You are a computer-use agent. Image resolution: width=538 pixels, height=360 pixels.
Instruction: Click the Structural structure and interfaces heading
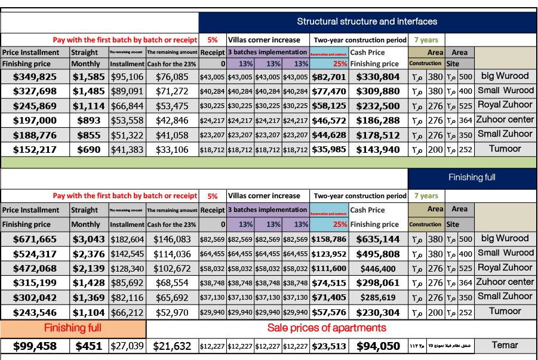[367, 21]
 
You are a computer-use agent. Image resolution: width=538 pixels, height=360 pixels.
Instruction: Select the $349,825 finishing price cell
[35, 77]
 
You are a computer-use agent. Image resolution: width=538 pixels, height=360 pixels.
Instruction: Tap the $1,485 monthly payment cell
[89, 91]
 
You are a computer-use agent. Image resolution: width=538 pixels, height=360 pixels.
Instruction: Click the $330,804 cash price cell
[378, 77]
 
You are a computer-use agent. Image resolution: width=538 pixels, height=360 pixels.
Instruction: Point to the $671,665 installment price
[35, 239]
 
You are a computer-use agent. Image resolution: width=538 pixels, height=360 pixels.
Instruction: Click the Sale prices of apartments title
[327, 328]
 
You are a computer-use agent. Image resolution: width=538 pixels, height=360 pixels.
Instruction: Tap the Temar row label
[505, 345]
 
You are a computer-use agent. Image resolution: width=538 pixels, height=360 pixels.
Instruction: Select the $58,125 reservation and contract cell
[329, 106]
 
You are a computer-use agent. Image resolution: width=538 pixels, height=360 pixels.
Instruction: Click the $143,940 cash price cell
[378, 149]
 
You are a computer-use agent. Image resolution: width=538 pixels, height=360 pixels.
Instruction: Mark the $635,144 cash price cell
[378, 239]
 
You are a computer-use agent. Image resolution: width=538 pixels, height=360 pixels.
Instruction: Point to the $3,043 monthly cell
[89, 239]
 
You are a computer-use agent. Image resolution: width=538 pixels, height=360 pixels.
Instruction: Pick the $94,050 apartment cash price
[378, 346]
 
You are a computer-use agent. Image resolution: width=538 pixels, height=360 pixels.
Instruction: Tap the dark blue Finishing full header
[472, 177]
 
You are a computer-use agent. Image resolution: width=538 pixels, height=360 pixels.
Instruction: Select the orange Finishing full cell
[73, 328]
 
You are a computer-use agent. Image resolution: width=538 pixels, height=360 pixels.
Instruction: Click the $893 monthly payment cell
[89, 121]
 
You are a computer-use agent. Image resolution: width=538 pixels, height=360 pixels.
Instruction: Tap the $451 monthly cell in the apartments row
[89, 346]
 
